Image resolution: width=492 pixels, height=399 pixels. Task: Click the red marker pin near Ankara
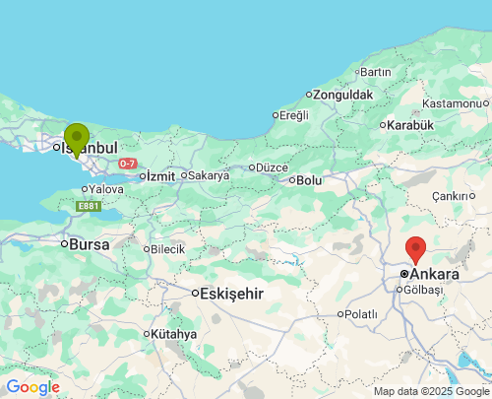click(x=415, y=249)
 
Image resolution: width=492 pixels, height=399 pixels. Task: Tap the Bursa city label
click(x=88, y=243)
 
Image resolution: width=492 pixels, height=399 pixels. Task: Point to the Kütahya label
click(x=173, y=334)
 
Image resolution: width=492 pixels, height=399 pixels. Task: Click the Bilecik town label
click(x=167, y=249)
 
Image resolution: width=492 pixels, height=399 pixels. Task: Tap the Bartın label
click(x=376, y=72)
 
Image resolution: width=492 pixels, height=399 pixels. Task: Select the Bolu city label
click(x=309, y=180)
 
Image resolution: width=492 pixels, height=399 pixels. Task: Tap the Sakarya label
click(x=209, y=175)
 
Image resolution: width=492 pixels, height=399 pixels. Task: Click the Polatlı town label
click(x=360, y=314)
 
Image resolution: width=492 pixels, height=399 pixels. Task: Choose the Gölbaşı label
click(x=424, y=290)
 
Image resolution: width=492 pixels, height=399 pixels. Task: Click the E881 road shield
click(x=90, y=206)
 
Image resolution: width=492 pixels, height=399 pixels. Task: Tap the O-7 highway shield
click(x=127, y=163)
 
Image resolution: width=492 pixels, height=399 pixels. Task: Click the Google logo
click(x=32, y=387)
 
